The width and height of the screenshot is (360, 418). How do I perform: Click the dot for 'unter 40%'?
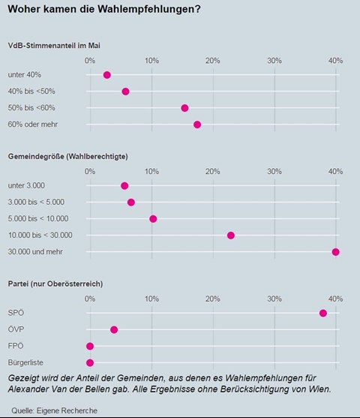[x=106, y=75]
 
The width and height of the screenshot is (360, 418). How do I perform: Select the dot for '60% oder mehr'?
[x=197, y=125]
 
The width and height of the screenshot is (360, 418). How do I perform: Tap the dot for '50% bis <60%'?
[x=184, y=108]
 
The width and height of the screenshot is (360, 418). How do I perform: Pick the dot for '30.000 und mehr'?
[x=335, y=252]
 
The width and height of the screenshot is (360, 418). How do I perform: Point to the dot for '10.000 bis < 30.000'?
[x=231, y=236]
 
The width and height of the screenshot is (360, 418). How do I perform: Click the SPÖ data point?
[x=323, y=313]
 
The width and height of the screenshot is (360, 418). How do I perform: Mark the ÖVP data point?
[x=114, y=329]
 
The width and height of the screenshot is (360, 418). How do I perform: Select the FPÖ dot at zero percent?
[x=90, y=346]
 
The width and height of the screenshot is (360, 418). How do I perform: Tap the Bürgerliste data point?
[x=90, y=362]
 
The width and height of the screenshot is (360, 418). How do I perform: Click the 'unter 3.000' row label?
[x=26, y=185]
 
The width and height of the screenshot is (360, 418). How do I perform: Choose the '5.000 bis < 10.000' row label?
[x=38, y=218]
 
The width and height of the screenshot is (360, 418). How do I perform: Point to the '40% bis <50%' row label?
[x=31, y=92]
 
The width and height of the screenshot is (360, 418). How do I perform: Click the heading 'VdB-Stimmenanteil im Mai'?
[x=54, y=46]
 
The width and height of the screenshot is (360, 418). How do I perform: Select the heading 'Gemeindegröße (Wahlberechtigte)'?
[x=68, y=157]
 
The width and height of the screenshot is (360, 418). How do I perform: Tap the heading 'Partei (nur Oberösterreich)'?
[x=55, y=284]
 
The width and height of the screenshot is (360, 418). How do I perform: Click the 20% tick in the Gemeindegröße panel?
[x=213, y=171]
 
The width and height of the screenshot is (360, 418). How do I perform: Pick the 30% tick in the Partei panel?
[x=274, y=299]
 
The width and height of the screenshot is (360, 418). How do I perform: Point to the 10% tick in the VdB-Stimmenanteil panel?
[x=151, y=61]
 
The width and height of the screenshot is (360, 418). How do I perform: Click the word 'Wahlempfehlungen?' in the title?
[x=149, y=9]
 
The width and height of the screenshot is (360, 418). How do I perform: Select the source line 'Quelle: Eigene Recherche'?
[x=54, y=410]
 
